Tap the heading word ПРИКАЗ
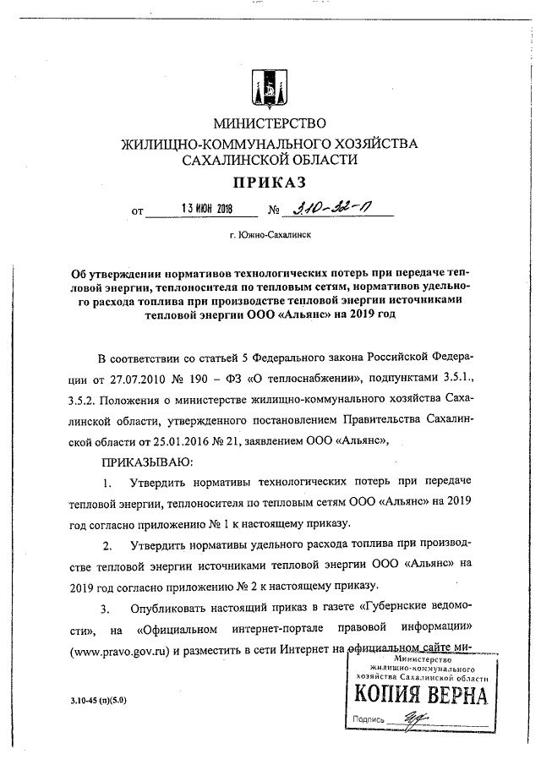point(269,182)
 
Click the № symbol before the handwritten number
point(274,210)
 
